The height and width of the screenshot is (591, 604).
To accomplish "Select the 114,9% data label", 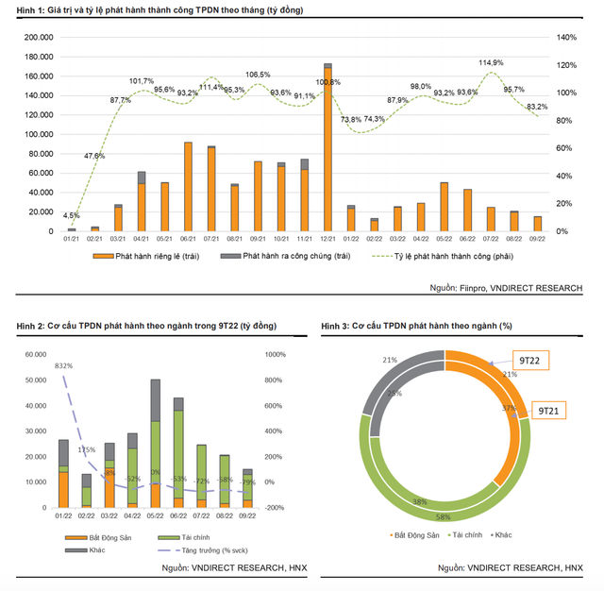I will pos(491,63).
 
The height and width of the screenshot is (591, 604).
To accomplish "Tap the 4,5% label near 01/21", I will pos(71,215).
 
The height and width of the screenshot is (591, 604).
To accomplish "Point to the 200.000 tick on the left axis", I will pos(38,37).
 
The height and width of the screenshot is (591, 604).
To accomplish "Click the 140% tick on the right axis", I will pos(565,37).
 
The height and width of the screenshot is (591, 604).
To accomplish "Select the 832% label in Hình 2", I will pos(64,365).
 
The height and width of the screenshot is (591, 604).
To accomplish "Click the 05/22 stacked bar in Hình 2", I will pos(155,444).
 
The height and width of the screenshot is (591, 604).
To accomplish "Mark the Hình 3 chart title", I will pos(416,326).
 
